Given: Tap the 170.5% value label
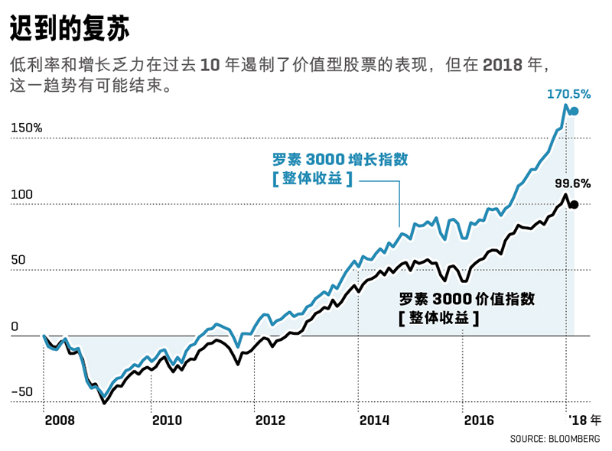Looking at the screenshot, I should [x=568, y=94].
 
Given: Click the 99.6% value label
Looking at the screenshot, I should [x=572, y=183].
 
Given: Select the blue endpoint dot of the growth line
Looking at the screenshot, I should [x=574, y=112].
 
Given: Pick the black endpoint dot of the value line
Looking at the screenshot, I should [x=574, y=204].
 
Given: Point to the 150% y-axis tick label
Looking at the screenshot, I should [x=27, y=128].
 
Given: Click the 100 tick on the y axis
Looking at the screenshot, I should [x=22, y=194].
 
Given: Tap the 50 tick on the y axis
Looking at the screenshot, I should [x=19, y=260].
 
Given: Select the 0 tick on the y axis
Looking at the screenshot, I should [x=15, y=326].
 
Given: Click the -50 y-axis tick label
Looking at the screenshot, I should [x=21, y=392].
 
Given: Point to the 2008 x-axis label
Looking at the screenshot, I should [x=59, y=420].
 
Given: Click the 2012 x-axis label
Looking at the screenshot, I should [x=270, y=420].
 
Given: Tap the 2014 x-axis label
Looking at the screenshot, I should [x=375, y=420].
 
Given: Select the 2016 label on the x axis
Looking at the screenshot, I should [x=480, y=420].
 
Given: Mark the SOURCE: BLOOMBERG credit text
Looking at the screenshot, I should [x=555, y=439].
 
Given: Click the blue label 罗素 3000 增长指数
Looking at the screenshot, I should [x=340, y=161].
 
